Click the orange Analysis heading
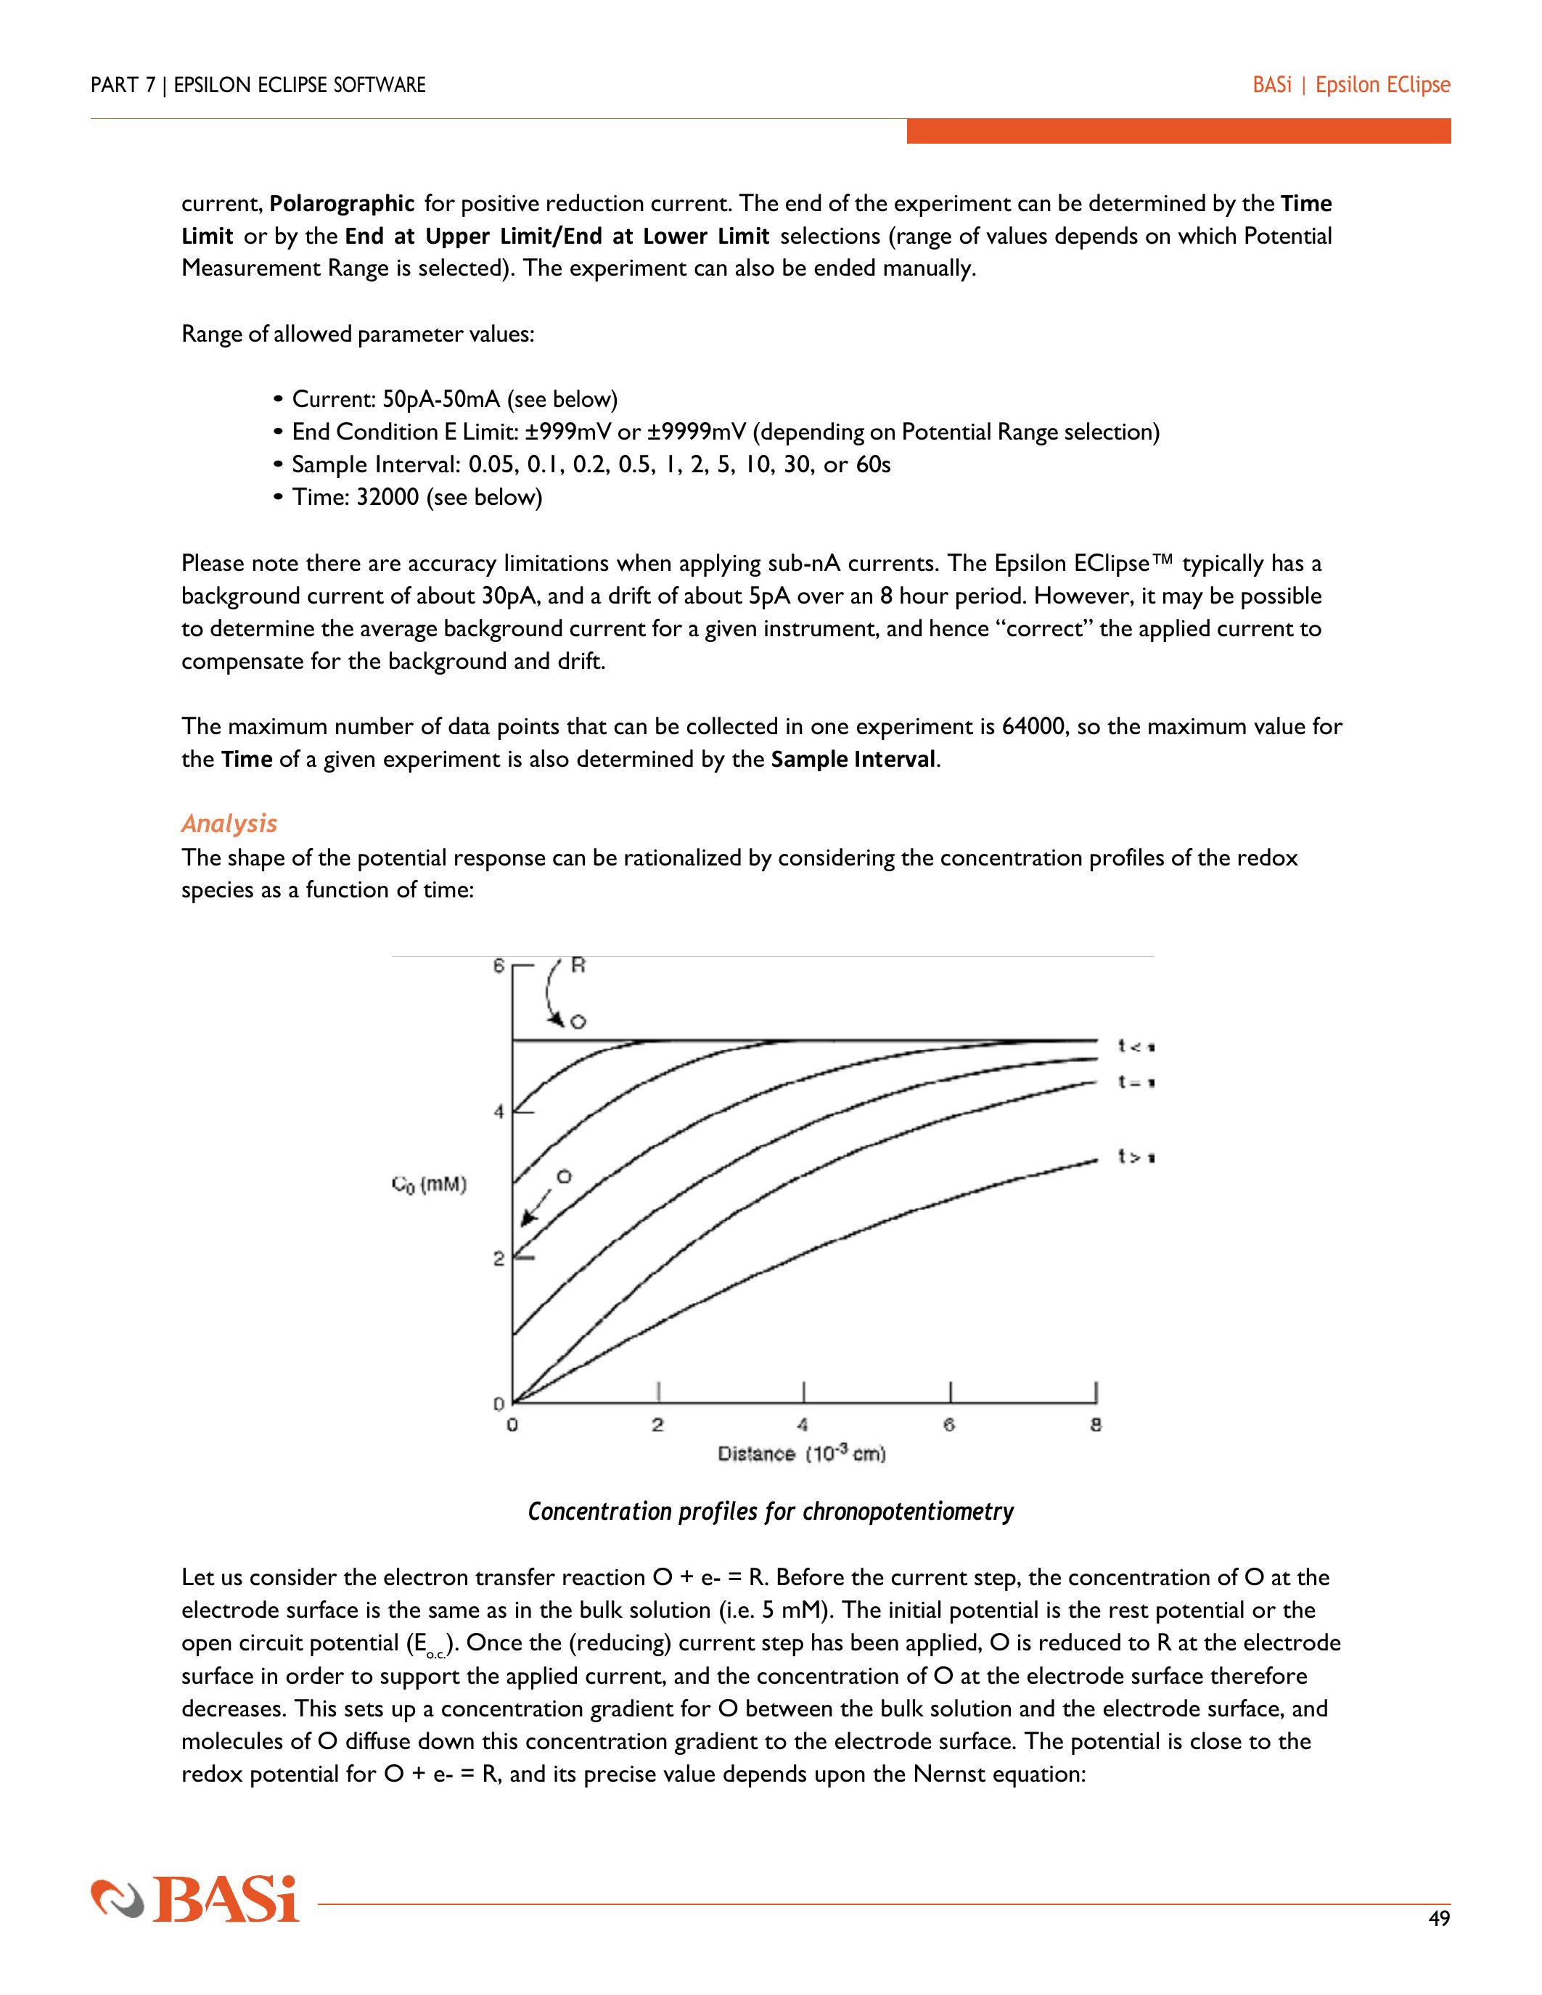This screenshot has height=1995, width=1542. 229,823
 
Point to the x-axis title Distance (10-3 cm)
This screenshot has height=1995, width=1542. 801,1453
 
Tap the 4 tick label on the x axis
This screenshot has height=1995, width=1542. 803,1424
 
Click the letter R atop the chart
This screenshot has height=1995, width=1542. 578,965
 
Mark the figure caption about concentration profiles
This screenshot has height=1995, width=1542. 770,1512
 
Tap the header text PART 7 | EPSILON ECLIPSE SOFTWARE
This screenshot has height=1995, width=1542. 258,85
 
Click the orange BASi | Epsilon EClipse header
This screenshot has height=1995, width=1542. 1351,85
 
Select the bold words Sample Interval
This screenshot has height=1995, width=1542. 853,759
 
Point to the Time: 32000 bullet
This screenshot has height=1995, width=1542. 417,497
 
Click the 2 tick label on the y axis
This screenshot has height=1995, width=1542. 499,1259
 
